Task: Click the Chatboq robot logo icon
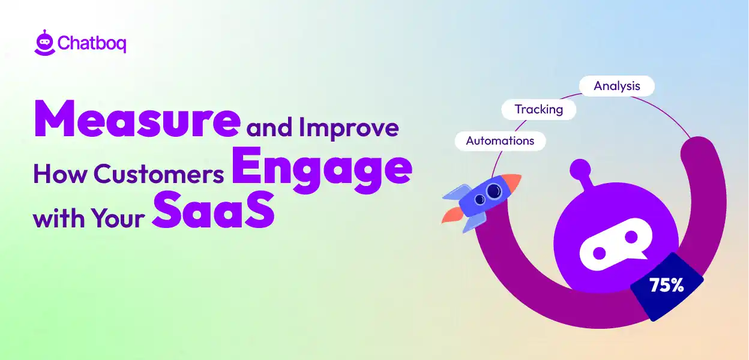[x=44, y=44]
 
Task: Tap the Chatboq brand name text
[x=92, y=44]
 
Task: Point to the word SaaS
[x=213, y=209]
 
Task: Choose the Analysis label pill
[x=616, y=86]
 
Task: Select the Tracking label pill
[x=538, y=110]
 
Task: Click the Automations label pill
[x=500, y=141]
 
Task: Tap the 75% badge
[x=666, y=285]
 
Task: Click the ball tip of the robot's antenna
[x=580, y=168]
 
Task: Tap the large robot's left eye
[x=598, y=238]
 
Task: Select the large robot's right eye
[x=631, y=238]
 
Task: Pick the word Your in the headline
[x=118, y=218]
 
